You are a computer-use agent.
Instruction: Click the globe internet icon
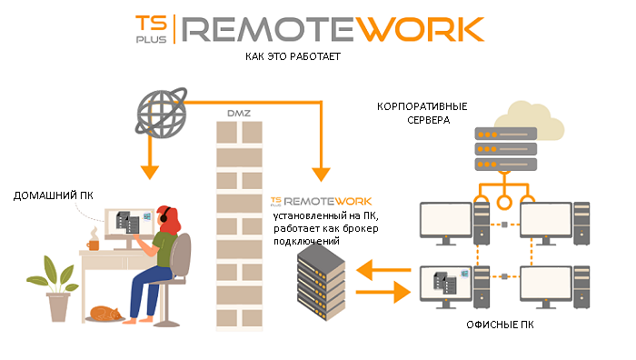pos(162,113)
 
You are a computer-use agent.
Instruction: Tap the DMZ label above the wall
pos(239,114)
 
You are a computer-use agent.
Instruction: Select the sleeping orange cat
pos(105,314)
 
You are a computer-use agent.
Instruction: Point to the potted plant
pos(54,287)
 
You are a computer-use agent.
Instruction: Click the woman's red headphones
pos(164,215)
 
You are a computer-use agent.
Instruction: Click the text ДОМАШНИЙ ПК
pos(53,195)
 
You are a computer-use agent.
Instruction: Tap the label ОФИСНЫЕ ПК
pos(500,325)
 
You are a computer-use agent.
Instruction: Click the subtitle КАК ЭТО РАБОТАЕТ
pos(293,56)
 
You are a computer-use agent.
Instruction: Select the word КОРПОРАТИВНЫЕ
pos(422,106)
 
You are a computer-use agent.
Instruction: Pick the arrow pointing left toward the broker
pos(383,270)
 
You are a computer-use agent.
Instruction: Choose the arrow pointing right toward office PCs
pos(383,292)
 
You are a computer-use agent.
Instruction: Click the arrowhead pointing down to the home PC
pos(150,172)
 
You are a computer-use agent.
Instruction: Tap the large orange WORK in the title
pos(422,29)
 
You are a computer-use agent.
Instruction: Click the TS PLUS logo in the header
pos(151,29)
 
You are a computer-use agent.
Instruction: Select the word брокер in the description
pos(360,228)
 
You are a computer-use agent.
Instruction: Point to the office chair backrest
pos(181,255)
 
